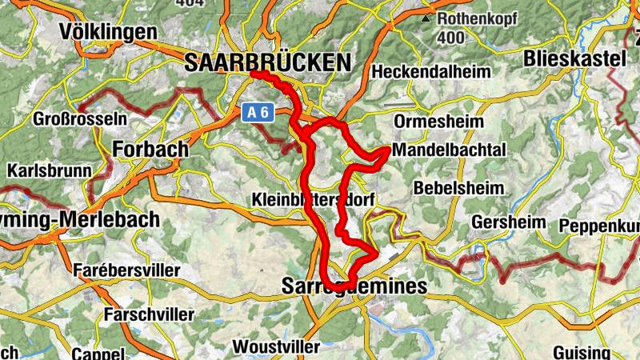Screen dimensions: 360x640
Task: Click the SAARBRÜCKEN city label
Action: (267, 63)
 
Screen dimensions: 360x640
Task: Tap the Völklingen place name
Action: (108, 32)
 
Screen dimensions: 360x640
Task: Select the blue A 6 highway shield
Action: (258, 114)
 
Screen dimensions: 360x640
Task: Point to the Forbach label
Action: (151, 150)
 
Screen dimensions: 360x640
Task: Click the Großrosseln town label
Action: (80, 120)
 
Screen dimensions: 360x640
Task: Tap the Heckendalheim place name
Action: (431, 72)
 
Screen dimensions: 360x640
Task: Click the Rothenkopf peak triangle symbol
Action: (426, 18)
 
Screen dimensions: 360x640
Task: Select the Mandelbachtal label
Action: (450, 150)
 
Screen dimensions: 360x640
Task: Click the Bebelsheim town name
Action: (459, 189)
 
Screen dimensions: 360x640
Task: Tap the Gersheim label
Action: (509, 222)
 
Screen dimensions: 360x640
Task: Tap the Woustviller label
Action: (276, 347)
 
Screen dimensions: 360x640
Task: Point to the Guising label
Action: (582, 352)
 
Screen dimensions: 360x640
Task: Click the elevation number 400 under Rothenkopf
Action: (452, 38)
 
